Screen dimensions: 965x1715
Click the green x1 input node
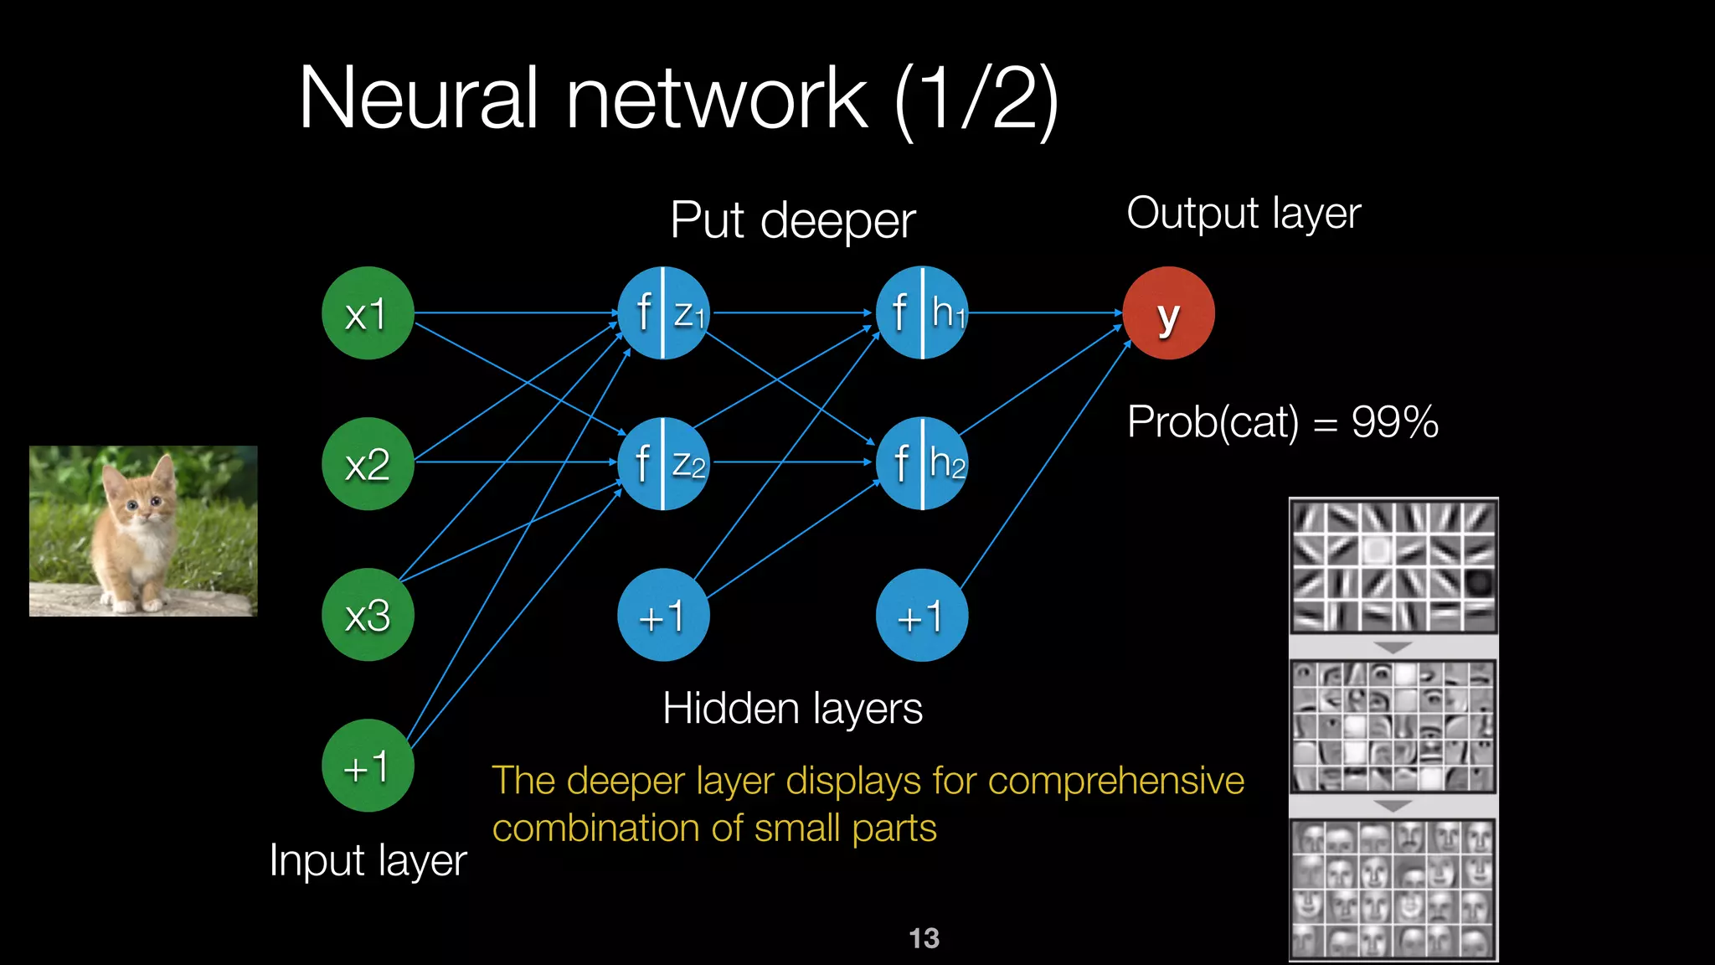coord(368,313)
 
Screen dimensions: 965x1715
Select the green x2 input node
coord(368,464)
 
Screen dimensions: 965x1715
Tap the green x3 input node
coord(368,615)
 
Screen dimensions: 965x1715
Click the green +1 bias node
coord(368,766)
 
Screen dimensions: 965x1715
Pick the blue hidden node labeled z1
coord(663,313)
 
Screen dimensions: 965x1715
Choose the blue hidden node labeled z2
coord(663,464)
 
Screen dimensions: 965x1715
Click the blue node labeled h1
coord(922,313)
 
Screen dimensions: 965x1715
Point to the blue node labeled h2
coord(922,464)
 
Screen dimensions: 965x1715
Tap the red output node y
coord(1168,313)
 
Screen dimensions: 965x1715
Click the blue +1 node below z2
coord(663,615)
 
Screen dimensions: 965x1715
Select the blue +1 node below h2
coord(922,615)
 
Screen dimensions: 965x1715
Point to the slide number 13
coord(924,938)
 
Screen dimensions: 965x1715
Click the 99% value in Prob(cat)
coord(1394,421)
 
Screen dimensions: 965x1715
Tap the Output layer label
coord(1244,214)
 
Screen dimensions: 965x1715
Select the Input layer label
coord(368,860)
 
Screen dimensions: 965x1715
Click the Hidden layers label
coord(792,709)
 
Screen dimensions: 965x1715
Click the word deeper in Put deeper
coord(837,221)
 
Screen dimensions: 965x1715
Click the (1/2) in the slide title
coord(976,99)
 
